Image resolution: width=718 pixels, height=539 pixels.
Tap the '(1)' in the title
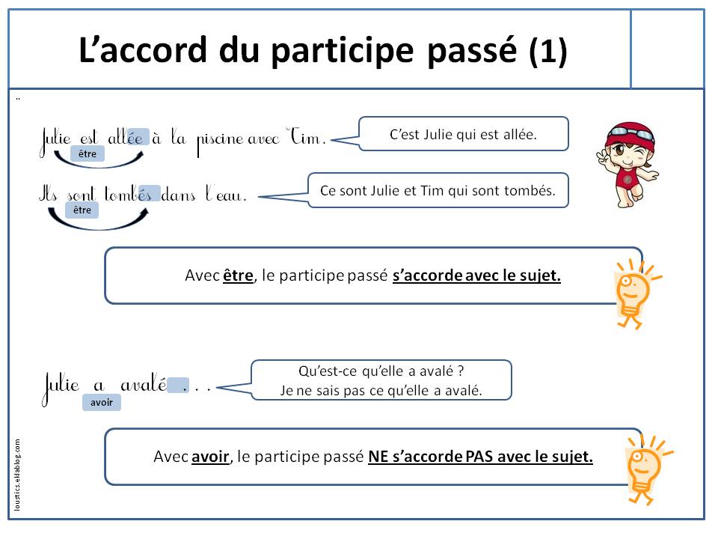[x=547, y=51]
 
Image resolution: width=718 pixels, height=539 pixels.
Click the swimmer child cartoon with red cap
[x=630, y=164]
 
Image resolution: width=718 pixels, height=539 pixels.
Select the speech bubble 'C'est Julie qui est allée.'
[x=464, y=135]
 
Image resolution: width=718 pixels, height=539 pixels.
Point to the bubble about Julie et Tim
[x=438, y=190]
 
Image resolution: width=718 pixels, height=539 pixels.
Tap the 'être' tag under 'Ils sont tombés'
[x=82, y=210]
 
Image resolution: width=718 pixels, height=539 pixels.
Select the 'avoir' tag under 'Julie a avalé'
[x=101, y=403]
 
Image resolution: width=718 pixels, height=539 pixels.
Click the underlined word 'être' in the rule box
[x=238, y=275]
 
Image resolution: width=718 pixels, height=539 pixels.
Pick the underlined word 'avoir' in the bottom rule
[x=210, y=457]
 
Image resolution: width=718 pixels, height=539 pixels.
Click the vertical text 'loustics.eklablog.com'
[x=18, y=473]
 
